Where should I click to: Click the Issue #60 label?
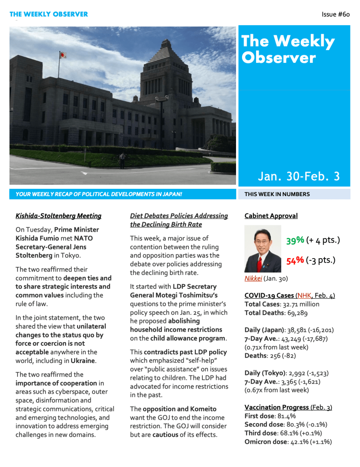[x=335, y=15]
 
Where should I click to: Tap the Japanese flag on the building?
[x=63, y=55]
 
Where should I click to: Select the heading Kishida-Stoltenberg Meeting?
[x=58, y=216]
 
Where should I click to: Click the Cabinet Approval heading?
[x=271, y=216]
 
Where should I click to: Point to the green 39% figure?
[x=295, y=240]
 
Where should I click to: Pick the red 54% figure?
[x=295, y=260]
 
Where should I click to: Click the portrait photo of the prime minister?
[x=263, y=249]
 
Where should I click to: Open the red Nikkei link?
[x=253, y=278]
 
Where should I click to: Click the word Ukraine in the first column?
[x=83, y=361]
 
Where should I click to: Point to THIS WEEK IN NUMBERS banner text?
[x=277, y=194]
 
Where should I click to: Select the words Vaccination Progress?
[x=277, y=407]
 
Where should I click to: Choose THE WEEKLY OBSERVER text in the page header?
[x=49, y=15]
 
